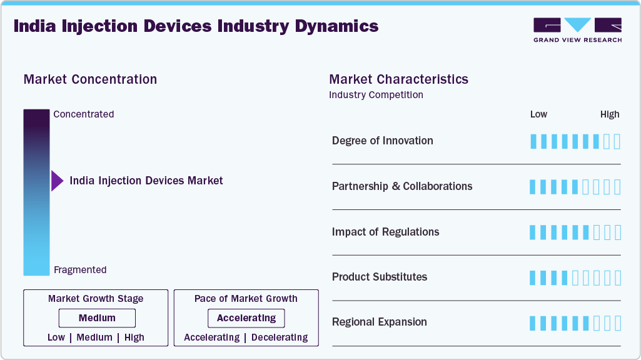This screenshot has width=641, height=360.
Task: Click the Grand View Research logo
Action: pos(577,29)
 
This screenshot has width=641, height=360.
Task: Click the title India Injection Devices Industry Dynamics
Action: pos(196,26)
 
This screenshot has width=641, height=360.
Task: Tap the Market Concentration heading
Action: pos(90,79)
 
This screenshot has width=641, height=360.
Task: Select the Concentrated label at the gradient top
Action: pos(83,114)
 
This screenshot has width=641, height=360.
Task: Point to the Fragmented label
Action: pos(80,270)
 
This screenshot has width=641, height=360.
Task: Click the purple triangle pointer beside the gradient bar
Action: pos(57,181)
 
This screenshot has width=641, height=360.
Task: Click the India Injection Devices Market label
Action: pos(146,181)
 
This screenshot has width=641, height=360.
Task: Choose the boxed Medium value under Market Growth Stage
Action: pos(97,318)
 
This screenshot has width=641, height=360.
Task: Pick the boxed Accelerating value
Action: pos(246,318)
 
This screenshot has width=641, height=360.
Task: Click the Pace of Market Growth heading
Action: pos(246,299)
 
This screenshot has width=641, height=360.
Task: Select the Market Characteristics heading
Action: pos(398,79)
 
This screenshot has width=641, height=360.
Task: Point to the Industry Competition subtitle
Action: pos(376,95)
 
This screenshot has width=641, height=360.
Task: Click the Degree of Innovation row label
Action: pos(382,141)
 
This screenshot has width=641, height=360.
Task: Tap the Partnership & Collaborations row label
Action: pos(402,186)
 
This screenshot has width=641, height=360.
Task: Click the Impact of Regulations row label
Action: pos(385,232)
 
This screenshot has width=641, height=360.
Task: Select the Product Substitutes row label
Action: pos(380,277)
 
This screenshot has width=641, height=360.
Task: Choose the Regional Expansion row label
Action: pos(379,322)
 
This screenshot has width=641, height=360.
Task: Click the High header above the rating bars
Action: pos(609,114)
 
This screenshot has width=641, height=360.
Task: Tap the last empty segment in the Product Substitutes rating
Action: pos(617,277)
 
